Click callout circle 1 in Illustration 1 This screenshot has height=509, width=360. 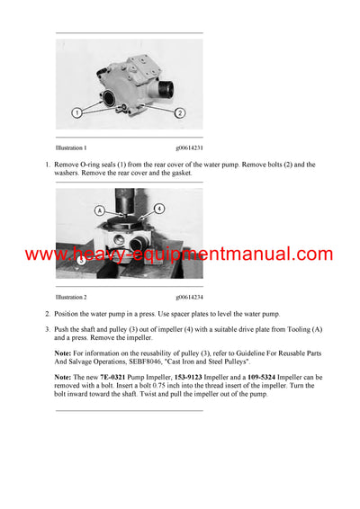point(79,113)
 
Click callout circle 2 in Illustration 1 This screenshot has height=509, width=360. point(180,113)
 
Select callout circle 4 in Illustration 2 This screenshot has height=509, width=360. point(159,208)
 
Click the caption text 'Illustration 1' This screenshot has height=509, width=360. point(71,147)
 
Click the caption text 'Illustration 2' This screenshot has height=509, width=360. point(71,296)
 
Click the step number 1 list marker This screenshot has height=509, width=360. point(47,165)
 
